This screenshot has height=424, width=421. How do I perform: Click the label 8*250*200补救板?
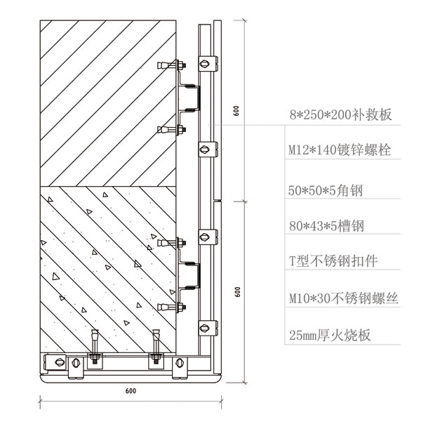pos(340,114)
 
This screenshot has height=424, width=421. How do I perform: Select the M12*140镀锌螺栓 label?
pos(340,150)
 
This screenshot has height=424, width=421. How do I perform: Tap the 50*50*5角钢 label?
pos(329,190)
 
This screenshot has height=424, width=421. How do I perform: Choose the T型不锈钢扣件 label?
pos(333,261)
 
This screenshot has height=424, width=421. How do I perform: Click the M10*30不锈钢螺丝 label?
pos(343,298)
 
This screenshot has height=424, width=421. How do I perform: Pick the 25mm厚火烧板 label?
pos(329,336)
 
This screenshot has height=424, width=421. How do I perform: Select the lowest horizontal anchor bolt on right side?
pos(172,307)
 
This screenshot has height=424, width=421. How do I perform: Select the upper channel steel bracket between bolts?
pos(192,97)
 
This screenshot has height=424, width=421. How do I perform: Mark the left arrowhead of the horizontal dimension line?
pos(40,402)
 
